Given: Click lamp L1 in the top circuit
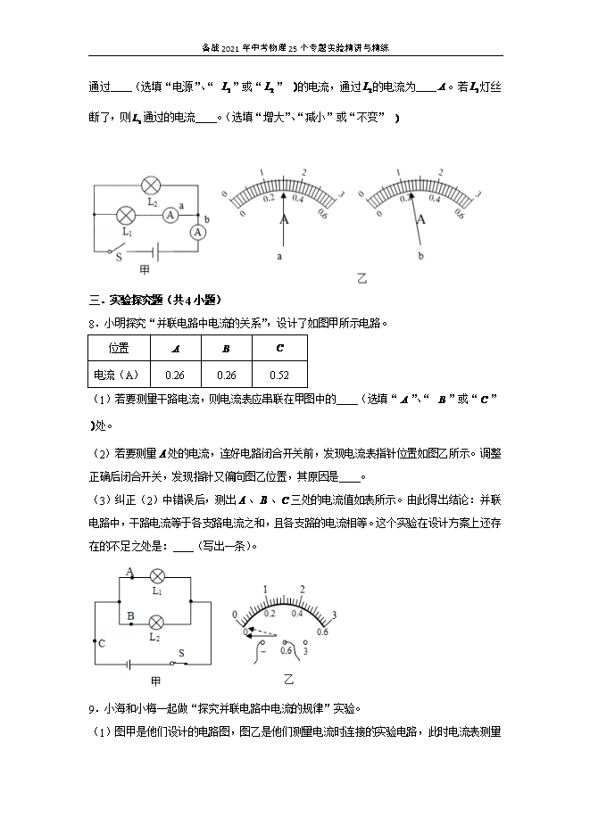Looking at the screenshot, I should (x=127, y=215).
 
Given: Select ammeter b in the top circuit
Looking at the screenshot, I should (x=198, y=231).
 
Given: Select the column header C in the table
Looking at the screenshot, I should (x=279, y=348).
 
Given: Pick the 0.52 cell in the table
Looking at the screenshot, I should (x=279, y=375).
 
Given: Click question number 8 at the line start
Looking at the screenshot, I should (x=92, y=324).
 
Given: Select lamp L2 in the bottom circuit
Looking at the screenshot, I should (x=156, y=622).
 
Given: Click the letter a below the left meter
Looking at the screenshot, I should (x=280, y=256).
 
